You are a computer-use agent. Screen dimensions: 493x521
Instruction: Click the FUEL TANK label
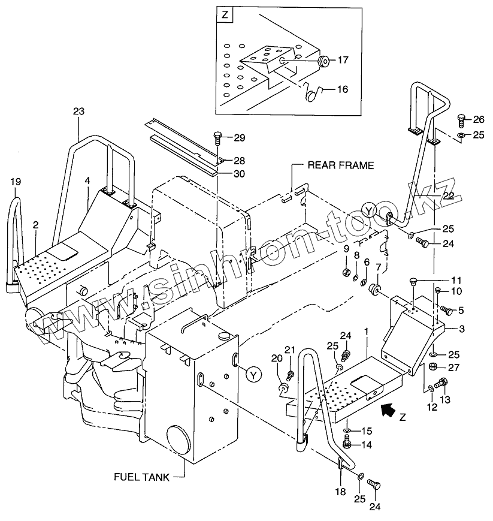pos(141,477)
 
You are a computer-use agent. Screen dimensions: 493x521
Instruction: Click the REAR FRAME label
pos(341,165)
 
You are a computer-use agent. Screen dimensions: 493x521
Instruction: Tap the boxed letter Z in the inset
pos(225,15)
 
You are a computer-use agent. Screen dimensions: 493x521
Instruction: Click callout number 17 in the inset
pos(343,60)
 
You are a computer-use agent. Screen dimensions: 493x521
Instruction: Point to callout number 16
pos(343,89)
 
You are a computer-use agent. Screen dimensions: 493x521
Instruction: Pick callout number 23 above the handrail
pos(78,111)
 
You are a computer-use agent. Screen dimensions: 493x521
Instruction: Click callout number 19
pos(16,182)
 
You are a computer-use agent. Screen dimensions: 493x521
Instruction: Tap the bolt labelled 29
pos(217,137)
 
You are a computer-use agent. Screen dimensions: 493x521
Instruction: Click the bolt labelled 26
pos(462,121)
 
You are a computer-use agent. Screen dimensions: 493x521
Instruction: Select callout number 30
pos(240,174)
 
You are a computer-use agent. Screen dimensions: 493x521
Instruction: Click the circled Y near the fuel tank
pos(253,375)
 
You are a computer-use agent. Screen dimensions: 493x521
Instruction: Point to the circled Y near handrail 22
pos(370,210)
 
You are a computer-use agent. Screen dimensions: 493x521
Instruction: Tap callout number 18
pos(341,491)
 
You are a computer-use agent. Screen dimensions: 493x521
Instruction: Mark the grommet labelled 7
pos(375,289)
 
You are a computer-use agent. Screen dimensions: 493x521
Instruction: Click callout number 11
pos(456,280)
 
